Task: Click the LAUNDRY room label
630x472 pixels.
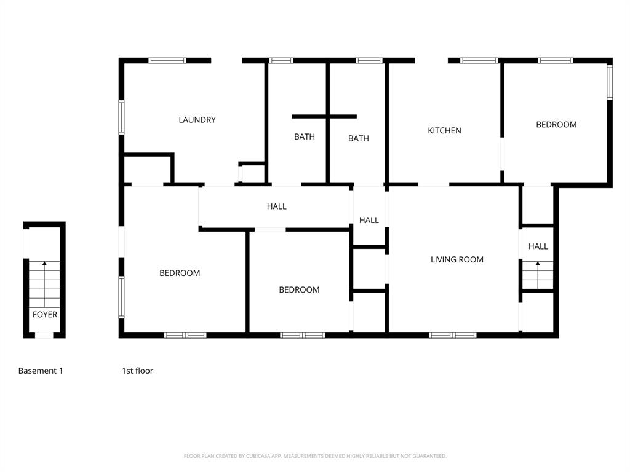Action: (197, 120)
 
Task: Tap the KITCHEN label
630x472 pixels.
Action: (444, 130)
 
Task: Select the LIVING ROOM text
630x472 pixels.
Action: (457, 259)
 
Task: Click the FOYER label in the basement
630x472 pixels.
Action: (45, 315)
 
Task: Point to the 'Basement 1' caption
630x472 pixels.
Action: (41, 371)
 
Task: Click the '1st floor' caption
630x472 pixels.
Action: (137, 371)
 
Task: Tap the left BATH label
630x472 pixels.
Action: (304, 136)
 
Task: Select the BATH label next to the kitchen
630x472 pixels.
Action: (358, 138)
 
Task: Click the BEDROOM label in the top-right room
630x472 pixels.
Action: (556, 124)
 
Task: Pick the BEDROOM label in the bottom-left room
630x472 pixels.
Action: (180, 273)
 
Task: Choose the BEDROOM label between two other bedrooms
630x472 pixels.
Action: (299, 289)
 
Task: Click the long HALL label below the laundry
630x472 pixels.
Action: (276, 206)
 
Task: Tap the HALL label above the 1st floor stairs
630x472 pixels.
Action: (538, 246)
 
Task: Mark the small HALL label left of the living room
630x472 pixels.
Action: (369, 220)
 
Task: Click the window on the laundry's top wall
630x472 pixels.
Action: (167, 60)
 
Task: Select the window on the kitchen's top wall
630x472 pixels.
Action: (479, 60)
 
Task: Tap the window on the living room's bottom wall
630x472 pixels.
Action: (453, 335)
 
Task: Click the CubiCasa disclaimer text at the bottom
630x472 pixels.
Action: (315, 456)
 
